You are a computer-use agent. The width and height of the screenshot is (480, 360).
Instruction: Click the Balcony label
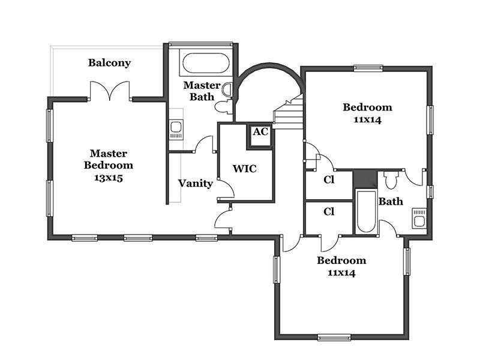click(x=109, y=63)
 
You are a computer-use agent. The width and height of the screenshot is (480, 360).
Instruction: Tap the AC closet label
click(x=260, y=132)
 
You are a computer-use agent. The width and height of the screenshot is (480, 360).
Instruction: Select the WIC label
click(x=245, y=169)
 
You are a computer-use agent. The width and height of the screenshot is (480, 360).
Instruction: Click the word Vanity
click(x=196, y=184)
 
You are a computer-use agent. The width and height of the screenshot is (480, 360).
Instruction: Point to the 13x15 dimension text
click(x=109, y=178)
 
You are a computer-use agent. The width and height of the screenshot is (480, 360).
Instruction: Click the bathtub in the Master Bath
click(x=206, y=64)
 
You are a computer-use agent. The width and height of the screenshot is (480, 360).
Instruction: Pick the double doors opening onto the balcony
click(x=110, y=91)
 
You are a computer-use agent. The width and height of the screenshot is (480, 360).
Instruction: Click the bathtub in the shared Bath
click(x=366, y=212)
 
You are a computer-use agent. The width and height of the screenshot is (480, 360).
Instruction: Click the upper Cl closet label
click(x=329, y=179)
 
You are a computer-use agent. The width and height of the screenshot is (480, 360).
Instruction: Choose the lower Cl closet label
click(x=329, y=212)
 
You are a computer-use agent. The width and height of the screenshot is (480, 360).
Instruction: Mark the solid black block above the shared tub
click(x=365, y=179)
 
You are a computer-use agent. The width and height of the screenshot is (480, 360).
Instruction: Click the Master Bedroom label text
click(x=109, y=159)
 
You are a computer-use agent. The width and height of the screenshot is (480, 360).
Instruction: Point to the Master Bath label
click(x=202, y=91)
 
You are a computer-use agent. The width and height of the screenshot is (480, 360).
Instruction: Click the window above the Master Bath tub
click(x=200, y=44)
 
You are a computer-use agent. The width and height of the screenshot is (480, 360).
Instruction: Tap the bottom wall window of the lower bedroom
click(x=334, y=337)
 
